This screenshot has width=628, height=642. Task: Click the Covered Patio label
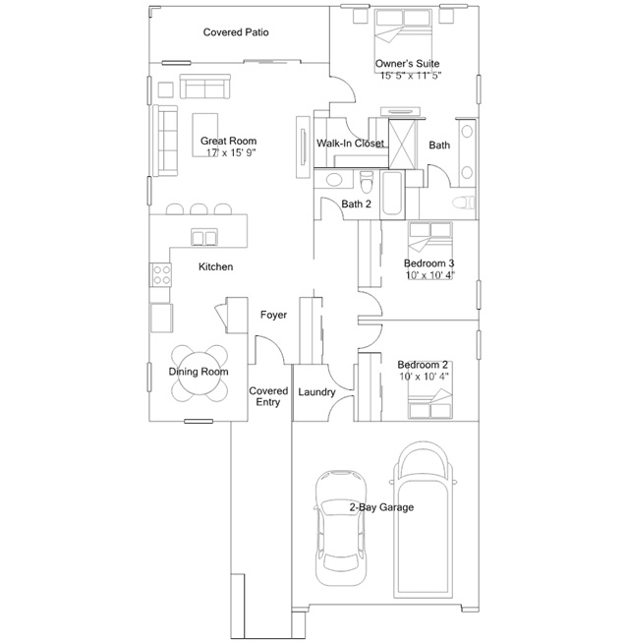236,32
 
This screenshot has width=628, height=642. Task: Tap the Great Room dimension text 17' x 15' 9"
231,152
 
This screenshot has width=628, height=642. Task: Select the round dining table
200,374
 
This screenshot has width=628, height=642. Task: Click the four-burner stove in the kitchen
160,274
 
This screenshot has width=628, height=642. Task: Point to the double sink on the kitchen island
203,237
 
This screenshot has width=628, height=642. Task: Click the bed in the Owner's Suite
403,41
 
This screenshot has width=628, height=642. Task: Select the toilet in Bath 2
367,182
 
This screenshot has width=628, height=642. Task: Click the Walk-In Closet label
351,144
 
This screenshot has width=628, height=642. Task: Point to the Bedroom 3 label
428,263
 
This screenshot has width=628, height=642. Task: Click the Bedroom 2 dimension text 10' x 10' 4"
425,377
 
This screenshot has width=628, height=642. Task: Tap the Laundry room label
316,392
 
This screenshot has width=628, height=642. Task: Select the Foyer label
273,315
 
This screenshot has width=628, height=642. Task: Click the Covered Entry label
268,396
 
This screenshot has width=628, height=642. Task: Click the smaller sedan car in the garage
341,528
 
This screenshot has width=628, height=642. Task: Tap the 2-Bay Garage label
381,507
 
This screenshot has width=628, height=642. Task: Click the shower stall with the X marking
402,144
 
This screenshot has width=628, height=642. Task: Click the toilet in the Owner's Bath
464,203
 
